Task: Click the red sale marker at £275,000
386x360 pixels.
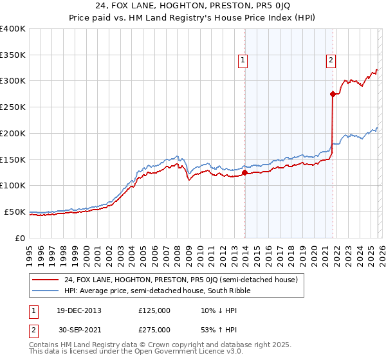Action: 333,94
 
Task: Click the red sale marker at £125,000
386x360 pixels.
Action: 245,172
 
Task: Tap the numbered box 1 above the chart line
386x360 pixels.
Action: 243,60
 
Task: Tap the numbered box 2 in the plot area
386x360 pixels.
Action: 331,60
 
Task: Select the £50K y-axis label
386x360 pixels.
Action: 15,212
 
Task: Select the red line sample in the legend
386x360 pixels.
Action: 46,280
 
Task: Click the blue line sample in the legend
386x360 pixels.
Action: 46,291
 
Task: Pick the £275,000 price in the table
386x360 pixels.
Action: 154,330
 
